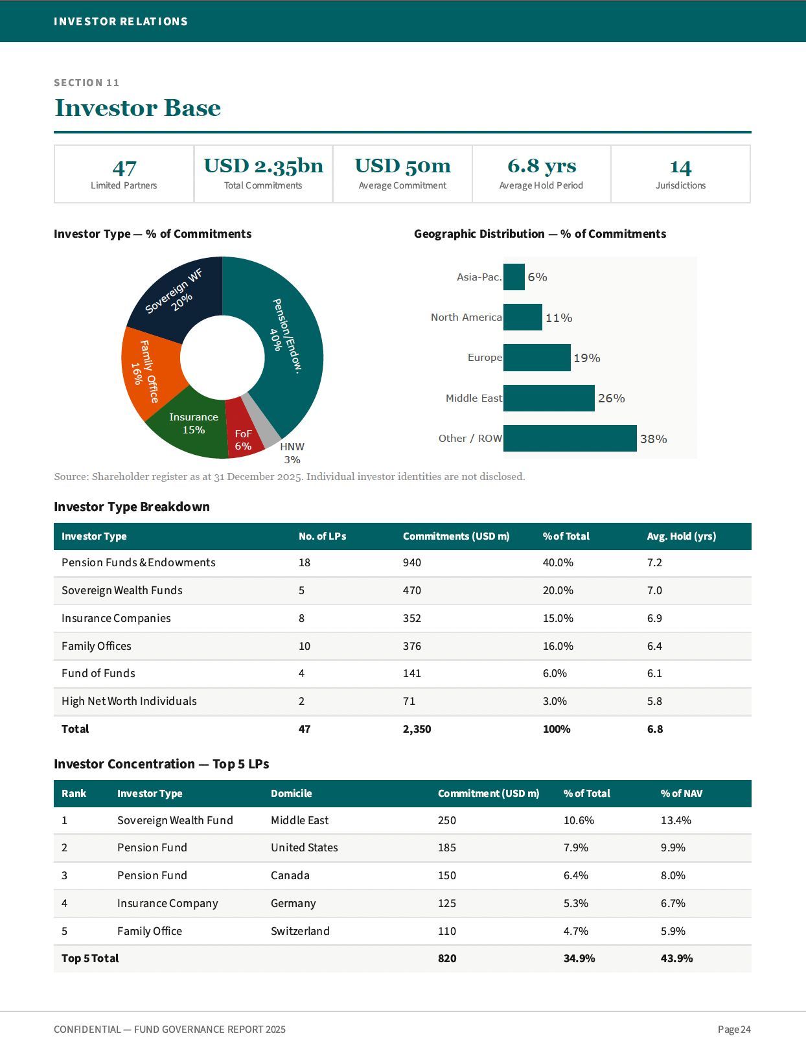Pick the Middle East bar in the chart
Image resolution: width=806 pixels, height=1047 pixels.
click(549, 398)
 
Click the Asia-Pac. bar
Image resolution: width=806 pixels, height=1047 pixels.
click(514, 277)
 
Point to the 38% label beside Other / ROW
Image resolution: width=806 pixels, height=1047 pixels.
click(653, 439)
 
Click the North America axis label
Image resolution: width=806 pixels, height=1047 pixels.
click(466, 317)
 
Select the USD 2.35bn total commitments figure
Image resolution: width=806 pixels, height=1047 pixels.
click(263, 166)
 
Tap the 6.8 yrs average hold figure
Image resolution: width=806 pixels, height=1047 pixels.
click(542, 166)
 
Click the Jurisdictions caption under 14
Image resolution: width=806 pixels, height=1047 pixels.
click(680, 185)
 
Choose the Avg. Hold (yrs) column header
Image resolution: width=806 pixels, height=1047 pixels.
click(681, 536)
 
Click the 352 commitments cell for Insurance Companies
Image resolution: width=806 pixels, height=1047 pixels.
click(412, 618)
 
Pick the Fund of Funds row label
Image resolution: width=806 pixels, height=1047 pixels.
click(98, 673)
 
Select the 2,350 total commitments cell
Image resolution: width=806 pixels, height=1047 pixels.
click(417, 728)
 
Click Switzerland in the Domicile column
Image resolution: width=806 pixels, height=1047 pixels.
click(300, 931)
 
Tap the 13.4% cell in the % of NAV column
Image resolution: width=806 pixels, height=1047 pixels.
click(676, 820)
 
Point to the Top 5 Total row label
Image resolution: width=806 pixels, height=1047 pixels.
click(90, 958)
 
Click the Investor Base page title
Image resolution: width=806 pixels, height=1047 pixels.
click(138, 108)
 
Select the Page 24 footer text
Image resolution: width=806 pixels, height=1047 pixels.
click(734, 1029)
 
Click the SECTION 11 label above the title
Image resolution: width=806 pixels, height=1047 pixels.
click(87, 83)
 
